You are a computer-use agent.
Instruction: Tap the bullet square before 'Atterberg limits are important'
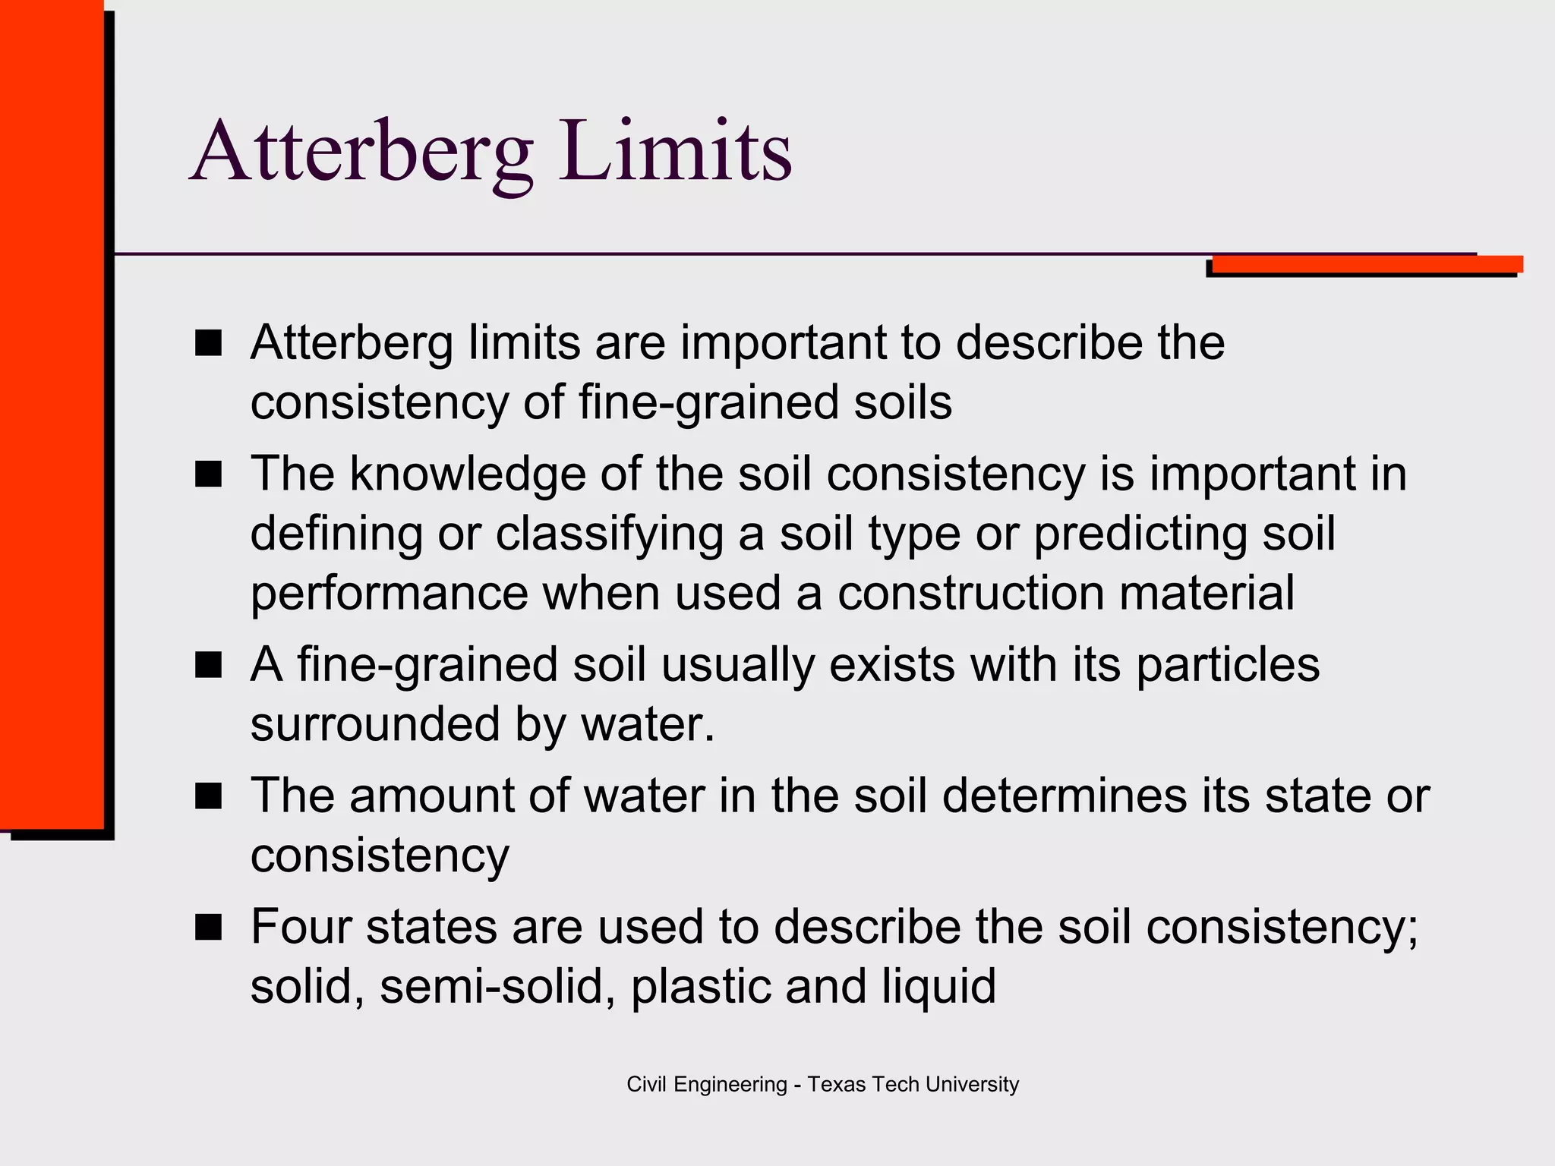[208, 343]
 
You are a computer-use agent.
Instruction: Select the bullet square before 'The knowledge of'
[208, 474]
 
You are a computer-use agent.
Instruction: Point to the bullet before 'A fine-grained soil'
[208, 665]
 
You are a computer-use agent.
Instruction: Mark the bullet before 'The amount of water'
[208, 796]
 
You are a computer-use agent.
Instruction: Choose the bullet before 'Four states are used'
[208, 928]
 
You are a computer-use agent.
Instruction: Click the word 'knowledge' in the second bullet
[467, 474]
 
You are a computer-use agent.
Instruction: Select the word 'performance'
[389, 594]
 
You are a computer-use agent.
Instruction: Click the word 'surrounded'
[375, 724]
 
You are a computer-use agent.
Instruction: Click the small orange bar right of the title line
[1367, 264]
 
